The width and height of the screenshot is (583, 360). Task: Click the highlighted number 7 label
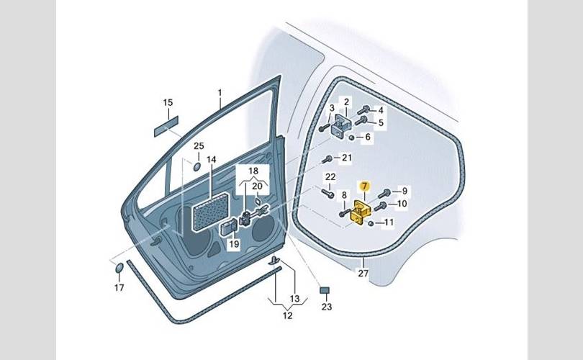[x=364, y=186]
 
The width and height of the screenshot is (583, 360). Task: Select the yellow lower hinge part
[x=361, y=212]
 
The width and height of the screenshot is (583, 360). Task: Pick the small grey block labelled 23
[x=325, y=290]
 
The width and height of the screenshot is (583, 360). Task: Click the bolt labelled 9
[x=384, y=193]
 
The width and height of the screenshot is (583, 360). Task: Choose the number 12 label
[x=286, y=314]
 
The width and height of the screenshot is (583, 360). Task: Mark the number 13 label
[x=294, y=298]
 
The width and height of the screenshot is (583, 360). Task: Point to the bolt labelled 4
[x=363, y=109]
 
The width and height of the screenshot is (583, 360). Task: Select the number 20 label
[x=257, y=186]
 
